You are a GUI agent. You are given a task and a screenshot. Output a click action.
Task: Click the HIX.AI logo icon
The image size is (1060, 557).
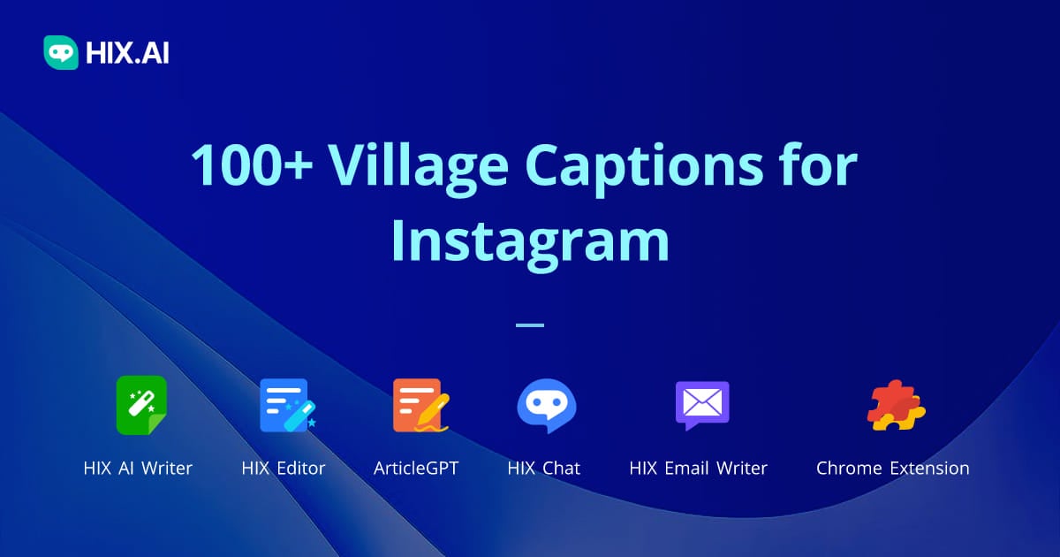[x=61, y=53]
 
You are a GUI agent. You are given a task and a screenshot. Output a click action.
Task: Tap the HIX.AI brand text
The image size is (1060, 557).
[x=127, y=54]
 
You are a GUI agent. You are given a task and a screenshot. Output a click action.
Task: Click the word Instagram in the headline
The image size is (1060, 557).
[x=529, y=240]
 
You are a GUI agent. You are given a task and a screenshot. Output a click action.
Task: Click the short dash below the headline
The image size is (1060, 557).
[x=529, y=325]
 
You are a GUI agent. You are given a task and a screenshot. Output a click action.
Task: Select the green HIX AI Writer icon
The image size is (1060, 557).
[x=141, y=405]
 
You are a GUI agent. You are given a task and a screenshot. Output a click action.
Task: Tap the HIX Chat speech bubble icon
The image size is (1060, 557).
[x=543, y=405]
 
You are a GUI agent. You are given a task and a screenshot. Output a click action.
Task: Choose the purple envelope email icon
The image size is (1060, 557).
[x=701, y=405]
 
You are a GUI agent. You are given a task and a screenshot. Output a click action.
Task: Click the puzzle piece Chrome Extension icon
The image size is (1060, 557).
[x=895, y=405]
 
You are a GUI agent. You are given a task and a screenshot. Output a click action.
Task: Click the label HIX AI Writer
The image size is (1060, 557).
[x=138, y=469]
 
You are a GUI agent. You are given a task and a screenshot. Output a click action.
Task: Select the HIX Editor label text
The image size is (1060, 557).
[x=284, y=469]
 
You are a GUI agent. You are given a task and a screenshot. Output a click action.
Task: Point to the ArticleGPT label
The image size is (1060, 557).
[x=417, y=469]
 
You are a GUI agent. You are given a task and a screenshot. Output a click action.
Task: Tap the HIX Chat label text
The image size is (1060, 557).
[x=543, y=469]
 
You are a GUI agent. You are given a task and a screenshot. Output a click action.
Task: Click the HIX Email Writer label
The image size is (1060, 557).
[x=698, y=469]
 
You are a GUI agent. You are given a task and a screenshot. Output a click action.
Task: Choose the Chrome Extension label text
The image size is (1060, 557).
[x=892, y=469]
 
